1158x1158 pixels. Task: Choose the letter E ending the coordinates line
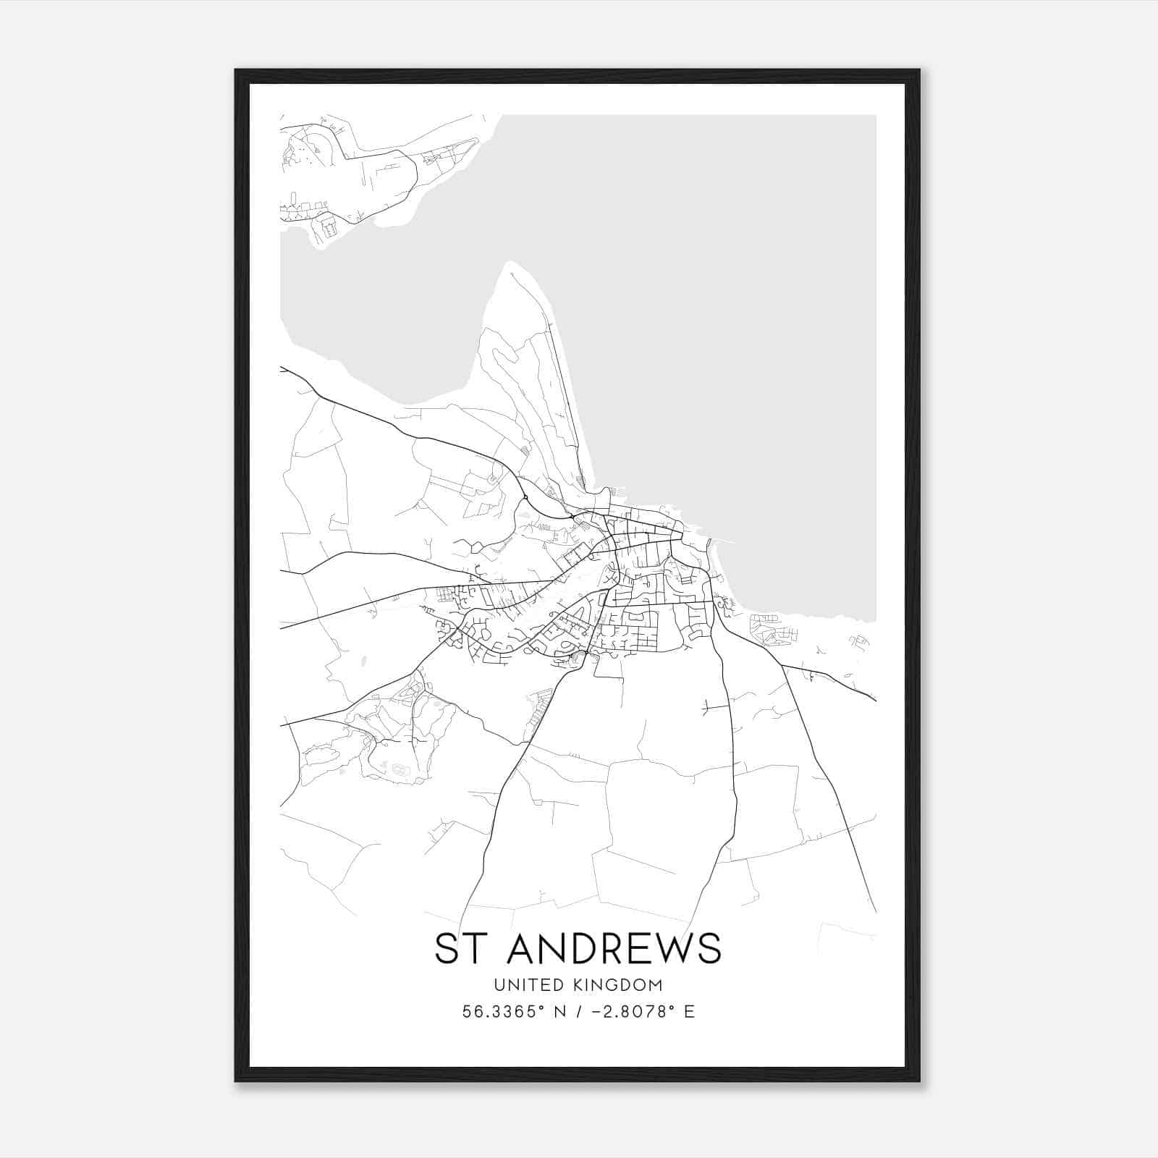(x=689, y=1012)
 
